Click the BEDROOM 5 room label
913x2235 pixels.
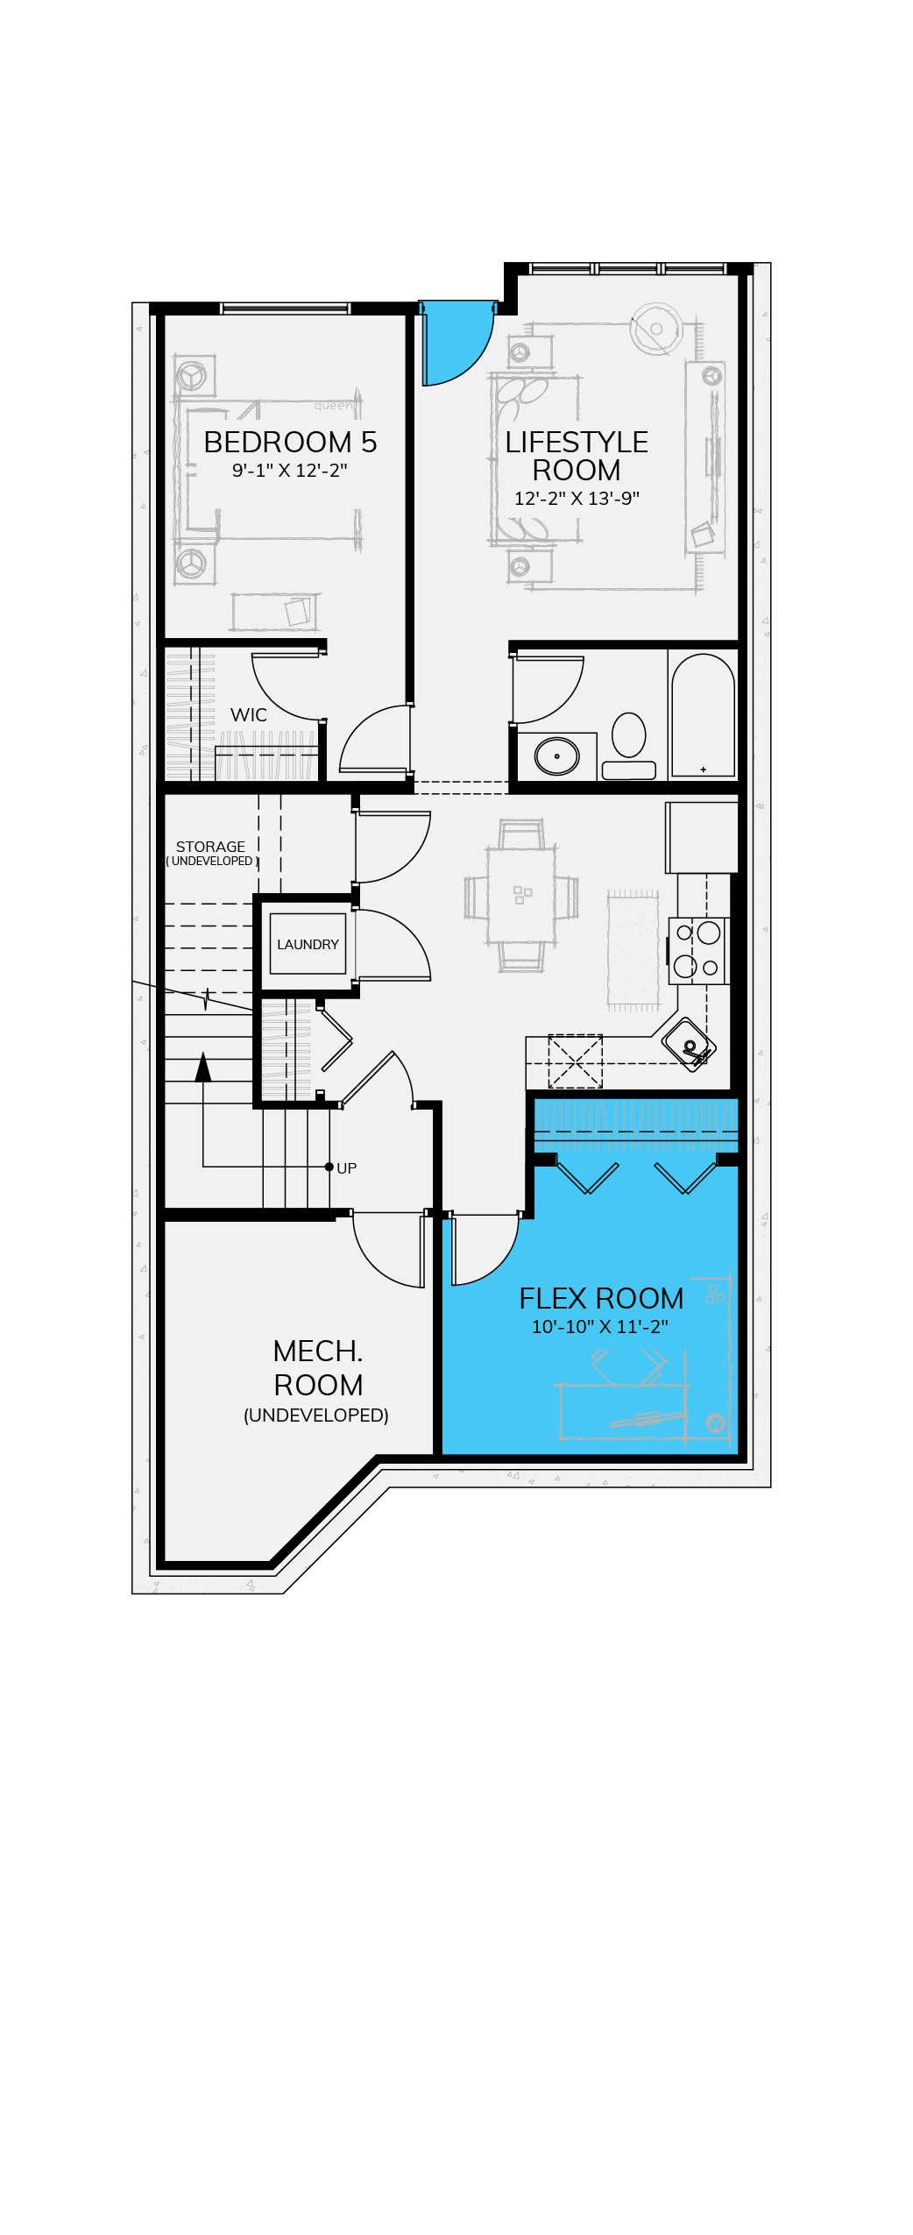[290, 442]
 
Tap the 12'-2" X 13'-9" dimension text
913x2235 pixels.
[577, 498]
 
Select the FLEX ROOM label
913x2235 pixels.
[601, 1298]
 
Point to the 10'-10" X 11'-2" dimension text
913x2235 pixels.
[600, 1327]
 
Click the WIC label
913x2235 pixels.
[249, 715]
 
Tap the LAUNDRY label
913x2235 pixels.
[308, 944]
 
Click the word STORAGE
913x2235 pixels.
[210, 847]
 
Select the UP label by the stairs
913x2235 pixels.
[347, 1168]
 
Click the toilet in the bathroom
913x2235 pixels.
[629, 745]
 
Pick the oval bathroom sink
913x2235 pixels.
[557, 756]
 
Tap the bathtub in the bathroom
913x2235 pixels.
[703, 715]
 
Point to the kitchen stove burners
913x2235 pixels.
[697, 950]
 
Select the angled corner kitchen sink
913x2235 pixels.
[689, 1044]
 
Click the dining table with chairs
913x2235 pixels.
[521, 895]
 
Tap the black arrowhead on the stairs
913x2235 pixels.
[203, 1066]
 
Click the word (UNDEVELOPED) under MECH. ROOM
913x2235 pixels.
[316, 1415]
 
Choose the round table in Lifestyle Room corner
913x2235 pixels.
[656, 329]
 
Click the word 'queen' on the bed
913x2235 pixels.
[333, 406]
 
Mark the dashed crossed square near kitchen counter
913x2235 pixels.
[575, 1061]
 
